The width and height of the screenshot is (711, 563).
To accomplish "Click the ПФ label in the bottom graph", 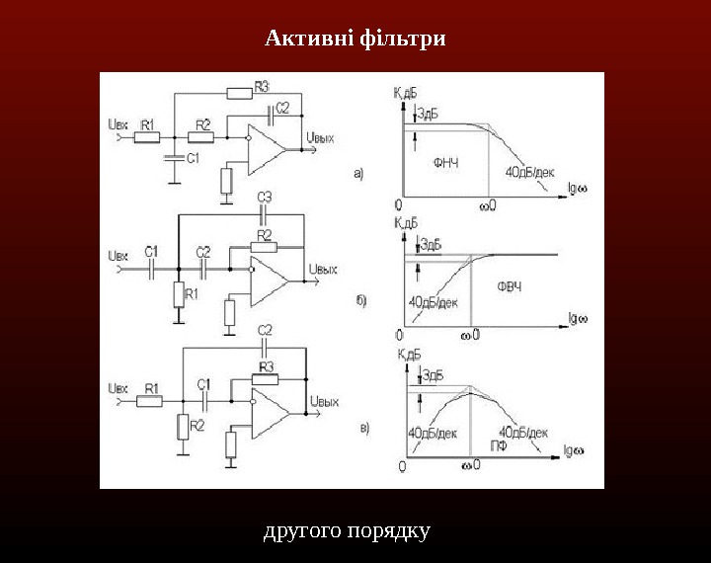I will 500,446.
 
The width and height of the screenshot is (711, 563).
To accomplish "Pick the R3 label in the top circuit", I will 262,85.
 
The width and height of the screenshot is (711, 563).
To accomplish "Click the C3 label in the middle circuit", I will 265,198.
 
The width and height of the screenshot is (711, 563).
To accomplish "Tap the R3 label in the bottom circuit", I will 267,367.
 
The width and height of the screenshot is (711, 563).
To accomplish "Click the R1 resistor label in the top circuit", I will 147,124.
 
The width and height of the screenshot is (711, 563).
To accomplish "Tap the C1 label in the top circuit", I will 194,156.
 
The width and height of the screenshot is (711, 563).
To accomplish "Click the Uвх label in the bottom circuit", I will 117,386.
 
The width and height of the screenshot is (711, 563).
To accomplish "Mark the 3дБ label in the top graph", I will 431,113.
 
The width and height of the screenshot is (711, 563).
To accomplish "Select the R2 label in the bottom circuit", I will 197,425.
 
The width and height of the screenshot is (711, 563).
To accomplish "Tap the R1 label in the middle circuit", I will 192,294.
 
